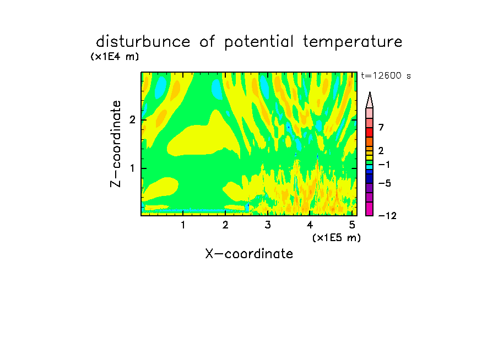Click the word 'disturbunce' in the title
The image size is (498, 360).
143,42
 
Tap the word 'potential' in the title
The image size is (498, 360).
259,42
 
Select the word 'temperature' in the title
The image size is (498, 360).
353,42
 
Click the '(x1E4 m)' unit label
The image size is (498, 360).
115,57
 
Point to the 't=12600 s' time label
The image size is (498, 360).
386,75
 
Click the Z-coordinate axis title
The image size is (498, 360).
116,144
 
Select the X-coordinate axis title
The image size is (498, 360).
249,254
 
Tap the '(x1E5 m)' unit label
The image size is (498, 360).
337,238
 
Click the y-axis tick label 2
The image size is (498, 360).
132,120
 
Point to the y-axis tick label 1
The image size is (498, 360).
132,168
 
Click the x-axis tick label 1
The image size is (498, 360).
183,225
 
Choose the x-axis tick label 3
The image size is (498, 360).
268,225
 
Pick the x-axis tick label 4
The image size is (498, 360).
310,225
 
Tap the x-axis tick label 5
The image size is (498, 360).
352,225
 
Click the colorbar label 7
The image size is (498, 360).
381,127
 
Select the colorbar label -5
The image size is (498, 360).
385,183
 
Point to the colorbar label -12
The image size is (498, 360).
387,216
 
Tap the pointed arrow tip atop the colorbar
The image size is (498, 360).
370,92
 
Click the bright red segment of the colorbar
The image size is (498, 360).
370,132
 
